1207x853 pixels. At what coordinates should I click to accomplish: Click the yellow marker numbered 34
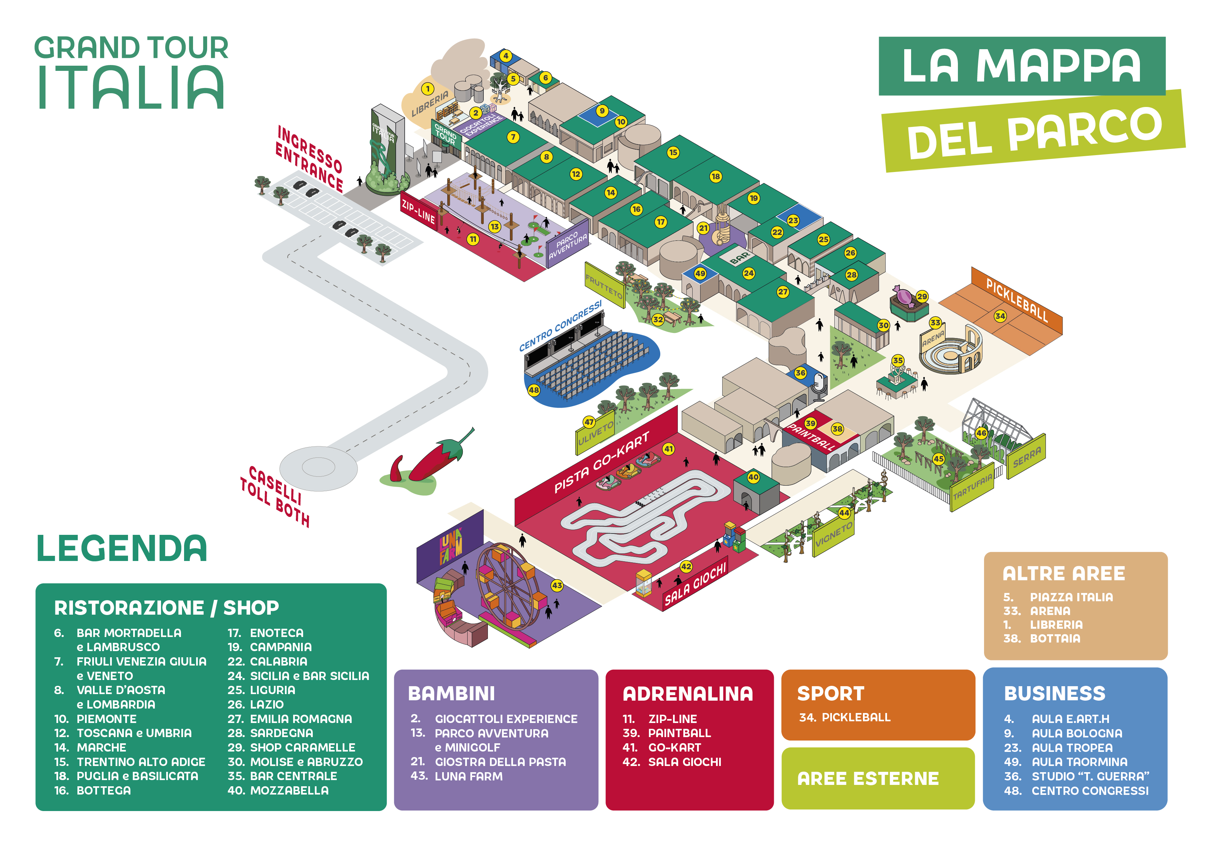pos(1000,316)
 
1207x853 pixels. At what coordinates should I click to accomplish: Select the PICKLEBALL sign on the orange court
pos(1017,300)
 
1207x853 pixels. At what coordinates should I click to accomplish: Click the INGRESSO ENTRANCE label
pos(310,159)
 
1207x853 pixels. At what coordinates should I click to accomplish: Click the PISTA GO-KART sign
pos(601,463)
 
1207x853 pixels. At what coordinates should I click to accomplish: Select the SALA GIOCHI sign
pos(695,583)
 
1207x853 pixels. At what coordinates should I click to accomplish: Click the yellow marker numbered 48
pos(534,390)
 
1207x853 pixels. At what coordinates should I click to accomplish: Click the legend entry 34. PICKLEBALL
pos(845,717)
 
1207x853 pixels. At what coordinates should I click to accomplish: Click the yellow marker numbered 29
pos(922,296)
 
